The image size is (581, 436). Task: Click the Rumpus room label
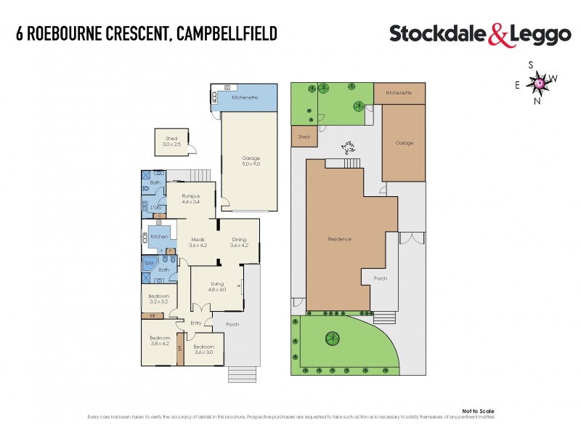tap(190, 195)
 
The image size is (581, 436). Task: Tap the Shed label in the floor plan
tap(171, 138)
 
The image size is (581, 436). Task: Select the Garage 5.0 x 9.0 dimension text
tap(251, 165)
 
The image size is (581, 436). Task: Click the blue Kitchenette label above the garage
tap(242, 97)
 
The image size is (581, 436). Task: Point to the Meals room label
tap(198, 240)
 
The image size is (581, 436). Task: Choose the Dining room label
tap(239, 240)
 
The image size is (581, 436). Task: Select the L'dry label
tap(155, 206)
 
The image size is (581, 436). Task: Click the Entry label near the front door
tap(196, 323)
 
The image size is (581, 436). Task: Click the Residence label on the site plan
tap(339, 239)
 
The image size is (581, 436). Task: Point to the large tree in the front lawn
tap(333, 338)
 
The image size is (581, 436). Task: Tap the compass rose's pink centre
tap(540, 83)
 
